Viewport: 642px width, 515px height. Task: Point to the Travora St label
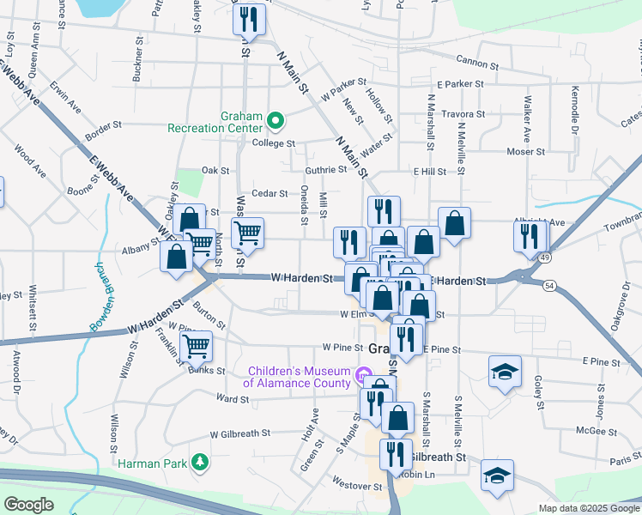point(463,113)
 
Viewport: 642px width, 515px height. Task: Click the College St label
point(274,143)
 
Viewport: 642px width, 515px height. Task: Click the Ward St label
point(233,398)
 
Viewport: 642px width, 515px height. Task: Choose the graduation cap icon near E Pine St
point(505,372)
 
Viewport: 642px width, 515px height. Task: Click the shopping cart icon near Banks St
point(197,347)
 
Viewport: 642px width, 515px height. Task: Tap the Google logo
point(29,505)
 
